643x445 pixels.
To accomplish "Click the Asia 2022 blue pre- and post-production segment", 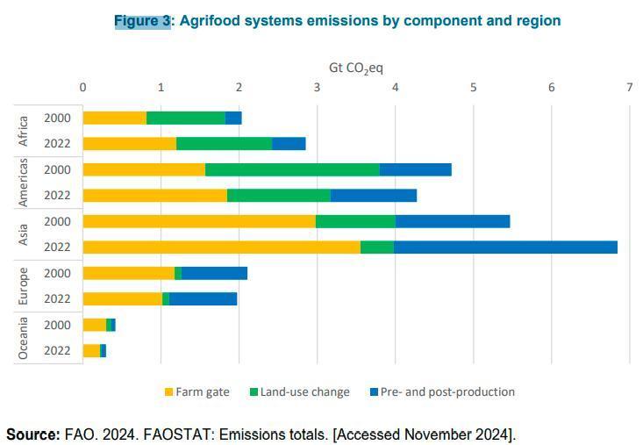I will (x=505, y=247).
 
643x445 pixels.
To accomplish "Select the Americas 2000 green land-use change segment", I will (x=292, y=169).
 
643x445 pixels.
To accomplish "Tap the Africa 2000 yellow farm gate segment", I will (x=114, y=118).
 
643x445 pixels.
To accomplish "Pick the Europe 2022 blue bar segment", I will (x=203, y=298).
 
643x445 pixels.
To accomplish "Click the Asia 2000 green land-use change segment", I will (x=355, y=221).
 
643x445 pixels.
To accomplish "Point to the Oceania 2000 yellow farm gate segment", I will (x=94, y=325).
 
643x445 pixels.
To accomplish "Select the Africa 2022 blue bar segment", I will (x=289, y=143).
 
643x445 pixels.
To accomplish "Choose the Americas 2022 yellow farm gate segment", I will (x=154, y=195).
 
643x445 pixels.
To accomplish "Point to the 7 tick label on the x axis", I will (x=629, y=87).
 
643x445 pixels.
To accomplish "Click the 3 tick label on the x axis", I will (x=317, y=87).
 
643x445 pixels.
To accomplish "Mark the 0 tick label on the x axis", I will (x=82, y=87).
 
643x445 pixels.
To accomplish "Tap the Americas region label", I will (x=25, y=183).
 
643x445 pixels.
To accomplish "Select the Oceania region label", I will (x=25, y=338).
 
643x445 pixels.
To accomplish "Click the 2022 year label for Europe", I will (x=58, y=298).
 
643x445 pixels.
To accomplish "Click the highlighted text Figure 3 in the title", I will (x=143, y=20).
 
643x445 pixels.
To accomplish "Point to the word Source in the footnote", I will (x=32, y=434).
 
